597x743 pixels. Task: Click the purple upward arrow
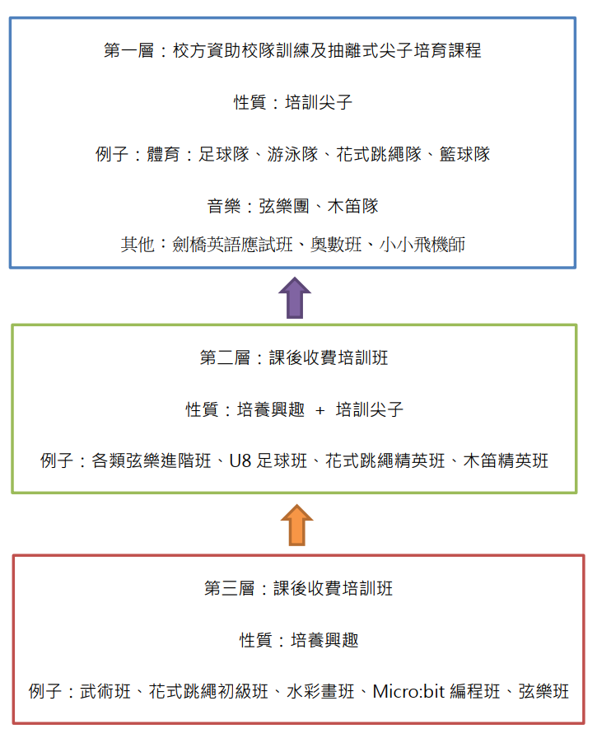coord(295,297)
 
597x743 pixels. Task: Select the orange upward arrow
coord(296,525)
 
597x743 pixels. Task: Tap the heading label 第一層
coord(129,50)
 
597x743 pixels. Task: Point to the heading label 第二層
coord(225,357)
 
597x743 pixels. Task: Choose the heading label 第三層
coord(229,588)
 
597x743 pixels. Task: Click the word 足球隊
coord(224,154)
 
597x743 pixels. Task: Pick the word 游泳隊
coord(292,154)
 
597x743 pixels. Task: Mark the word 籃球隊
coord(464,154)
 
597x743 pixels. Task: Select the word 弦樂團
coord(284,206)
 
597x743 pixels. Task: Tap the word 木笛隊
coord(353,206)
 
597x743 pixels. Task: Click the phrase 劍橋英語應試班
coord(232,245)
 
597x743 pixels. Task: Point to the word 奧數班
coord(336,245)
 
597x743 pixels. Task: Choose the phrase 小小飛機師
coord(422,245)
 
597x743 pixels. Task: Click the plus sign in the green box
coord(320,410)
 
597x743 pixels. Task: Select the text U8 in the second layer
coord(240,461)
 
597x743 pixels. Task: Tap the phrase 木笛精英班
coord(506,460)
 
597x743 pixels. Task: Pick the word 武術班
coord(105,691)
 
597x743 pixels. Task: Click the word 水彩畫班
coord(320,691)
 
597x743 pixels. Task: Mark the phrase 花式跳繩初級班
coord(208,691)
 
